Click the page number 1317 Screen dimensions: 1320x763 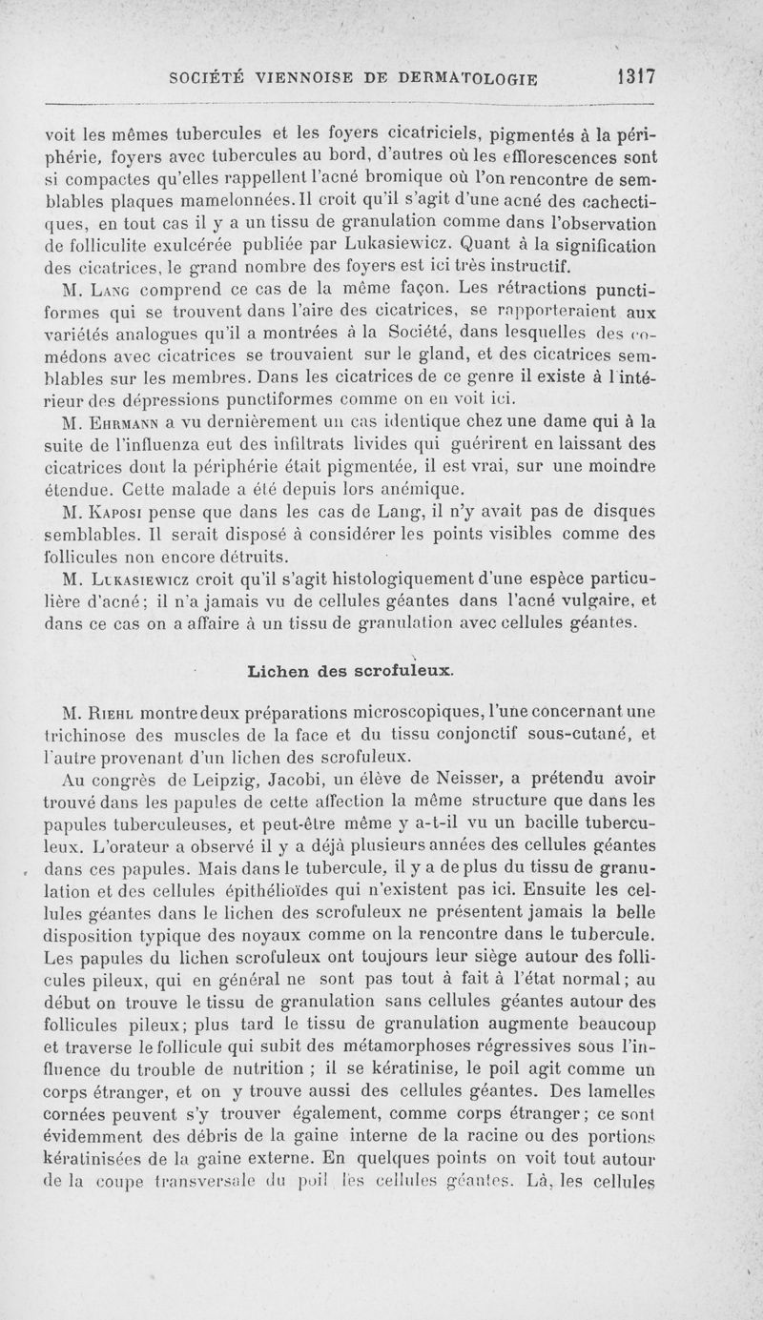coord(633,76)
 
